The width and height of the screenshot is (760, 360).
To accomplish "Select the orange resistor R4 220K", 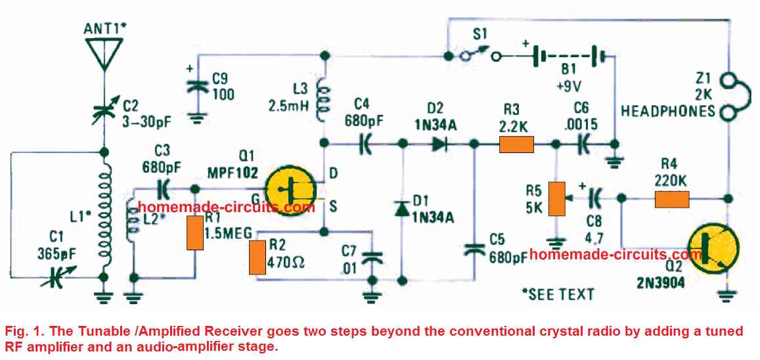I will (x=671, y=199).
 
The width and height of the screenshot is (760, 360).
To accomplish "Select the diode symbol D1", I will (x=402, y=208).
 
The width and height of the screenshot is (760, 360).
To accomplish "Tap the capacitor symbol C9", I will (x=194, y=85).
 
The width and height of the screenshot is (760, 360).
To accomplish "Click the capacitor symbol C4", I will (x=363, y=143).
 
